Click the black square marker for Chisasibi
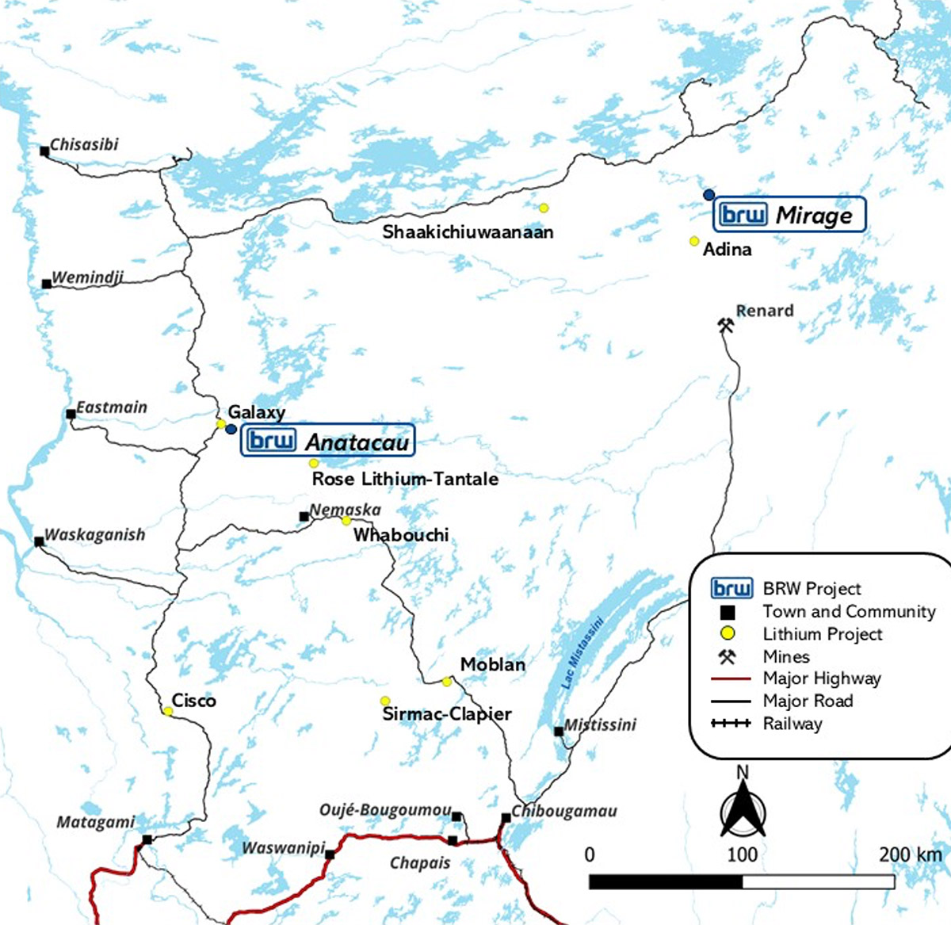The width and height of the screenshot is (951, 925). pyautogui.click(x=44, y=151)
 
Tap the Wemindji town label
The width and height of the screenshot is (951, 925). pyautogui.click(x=87, y=278)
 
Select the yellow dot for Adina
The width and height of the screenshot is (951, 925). pyautogui.click(x=694, y=241)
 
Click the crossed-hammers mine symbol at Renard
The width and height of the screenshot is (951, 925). pyautogui.click(x=725, y=324)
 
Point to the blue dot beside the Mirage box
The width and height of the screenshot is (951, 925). pyautogui.click(x=708, y=194)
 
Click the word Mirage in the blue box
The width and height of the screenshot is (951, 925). pyautogui.click(x=814, y=215)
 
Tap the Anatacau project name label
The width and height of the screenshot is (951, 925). pyautogui.click(x=357, y=442)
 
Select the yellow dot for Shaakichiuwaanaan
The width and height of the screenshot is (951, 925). pyautogui.click(x=544, y=208)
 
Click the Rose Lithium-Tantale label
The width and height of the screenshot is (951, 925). pyautogui.click(x=405, y=479)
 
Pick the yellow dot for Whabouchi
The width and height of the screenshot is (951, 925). pyautogui.click(x=346, y=521)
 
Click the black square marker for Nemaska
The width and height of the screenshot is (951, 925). pyautogui.click(x=304, y=517)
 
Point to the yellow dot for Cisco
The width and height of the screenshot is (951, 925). pyautogui.click(x=168, y=711)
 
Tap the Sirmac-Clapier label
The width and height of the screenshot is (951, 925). pyautogui.click(x=447, y=713)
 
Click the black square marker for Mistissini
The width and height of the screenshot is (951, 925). pyautogui.click(x=559, y=731)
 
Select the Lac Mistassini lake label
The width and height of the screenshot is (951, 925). pyautogui.click(x=582, y=652)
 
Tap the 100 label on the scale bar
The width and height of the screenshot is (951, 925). pyautogui.click(x=742, y=854)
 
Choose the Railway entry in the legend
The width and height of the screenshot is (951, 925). pyautogui.click(x=792, y=723)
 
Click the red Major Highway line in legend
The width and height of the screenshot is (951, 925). pyautogui.click(x=731, y=678)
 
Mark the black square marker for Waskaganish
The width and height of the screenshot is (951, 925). pyautogui.click(x=39, y=541)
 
